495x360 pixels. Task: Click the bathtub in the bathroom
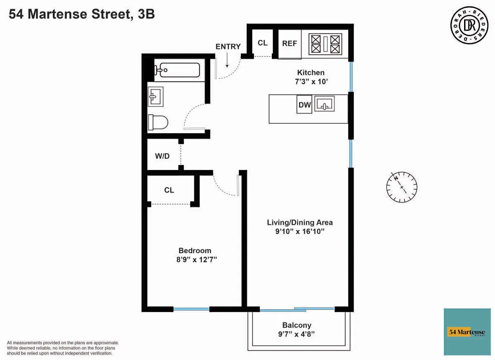pyautogui.click(x=179, y=70)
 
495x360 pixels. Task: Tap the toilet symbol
pyautogui.click(x=158, y=122)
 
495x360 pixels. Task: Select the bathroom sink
pyautogui.click(x=156, y=97)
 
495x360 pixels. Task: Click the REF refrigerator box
pyautogui.click(x=290, y=44)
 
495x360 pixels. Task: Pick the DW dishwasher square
pyautogui.click(x=304, y=105)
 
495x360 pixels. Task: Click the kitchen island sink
pyautogui.click(x=325, y=104)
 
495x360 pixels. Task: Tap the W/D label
pyautogui.click(x=162, y=156)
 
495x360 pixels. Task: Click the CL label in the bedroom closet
pyautogui.click(x=169, y=190)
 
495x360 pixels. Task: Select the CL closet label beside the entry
pyautogui.click(x=262, y=43)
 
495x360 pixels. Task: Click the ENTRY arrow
pyautogui.click(x=227, y=61)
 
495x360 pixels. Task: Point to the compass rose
pyautogui.click(x=402, y=187)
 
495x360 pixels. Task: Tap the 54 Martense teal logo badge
pyautogui.click(x=467, y=332)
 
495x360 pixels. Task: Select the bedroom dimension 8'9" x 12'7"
pyautogui.click(x=195, y=259)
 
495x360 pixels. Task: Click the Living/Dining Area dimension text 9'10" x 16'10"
pyautogui.click(x=300, y=232)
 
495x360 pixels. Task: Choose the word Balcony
pyautogui.click(x=297, y=325)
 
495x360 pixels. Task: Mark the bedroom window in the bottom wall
pyautogui.click(x=191, y=309)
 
